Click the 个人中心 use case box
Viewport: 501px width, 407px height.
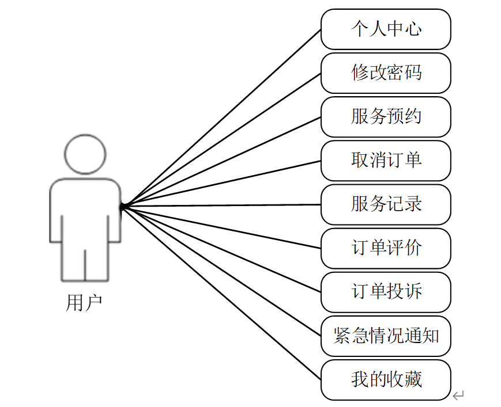(386, 29)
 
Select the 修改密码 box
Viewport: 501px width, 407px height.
(386, 73)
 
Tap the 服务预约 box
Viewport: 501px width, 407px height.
(386, 117)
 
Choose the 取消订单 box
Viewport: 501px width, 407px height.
(386, 161)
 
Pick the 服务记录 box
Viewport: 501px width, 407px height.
(386, 204)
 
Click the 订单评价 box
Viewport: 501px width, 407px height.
(386, 248)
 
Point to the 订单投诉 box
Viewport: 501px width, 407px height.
(386, 292)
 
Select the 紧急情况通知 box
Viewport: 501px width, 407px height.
(386, 336)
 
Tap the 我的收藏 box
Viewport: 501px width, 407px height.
(386, 379)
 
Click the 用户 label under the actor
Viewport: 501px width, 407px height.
(84, 302)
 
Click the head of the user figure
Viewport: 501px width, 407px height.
(85, 154)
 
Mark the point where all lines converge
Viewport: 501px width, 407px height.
(123, 206)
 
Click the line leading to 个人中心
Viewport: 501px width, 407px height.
(222, 117)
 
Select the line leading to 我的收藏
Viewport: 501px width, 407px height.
(222, 292)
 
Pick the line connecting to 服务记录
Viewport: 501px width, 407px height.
(222, 205)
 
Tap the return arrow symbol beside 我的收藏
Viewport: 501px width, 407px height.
(458, 395)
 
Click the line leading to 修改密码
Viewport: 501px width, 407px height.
(222, 139)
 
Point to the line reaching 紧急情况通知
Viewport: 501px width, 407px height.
(222, 271)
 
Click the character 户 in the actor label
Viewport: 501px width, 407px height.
(93, 302)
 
